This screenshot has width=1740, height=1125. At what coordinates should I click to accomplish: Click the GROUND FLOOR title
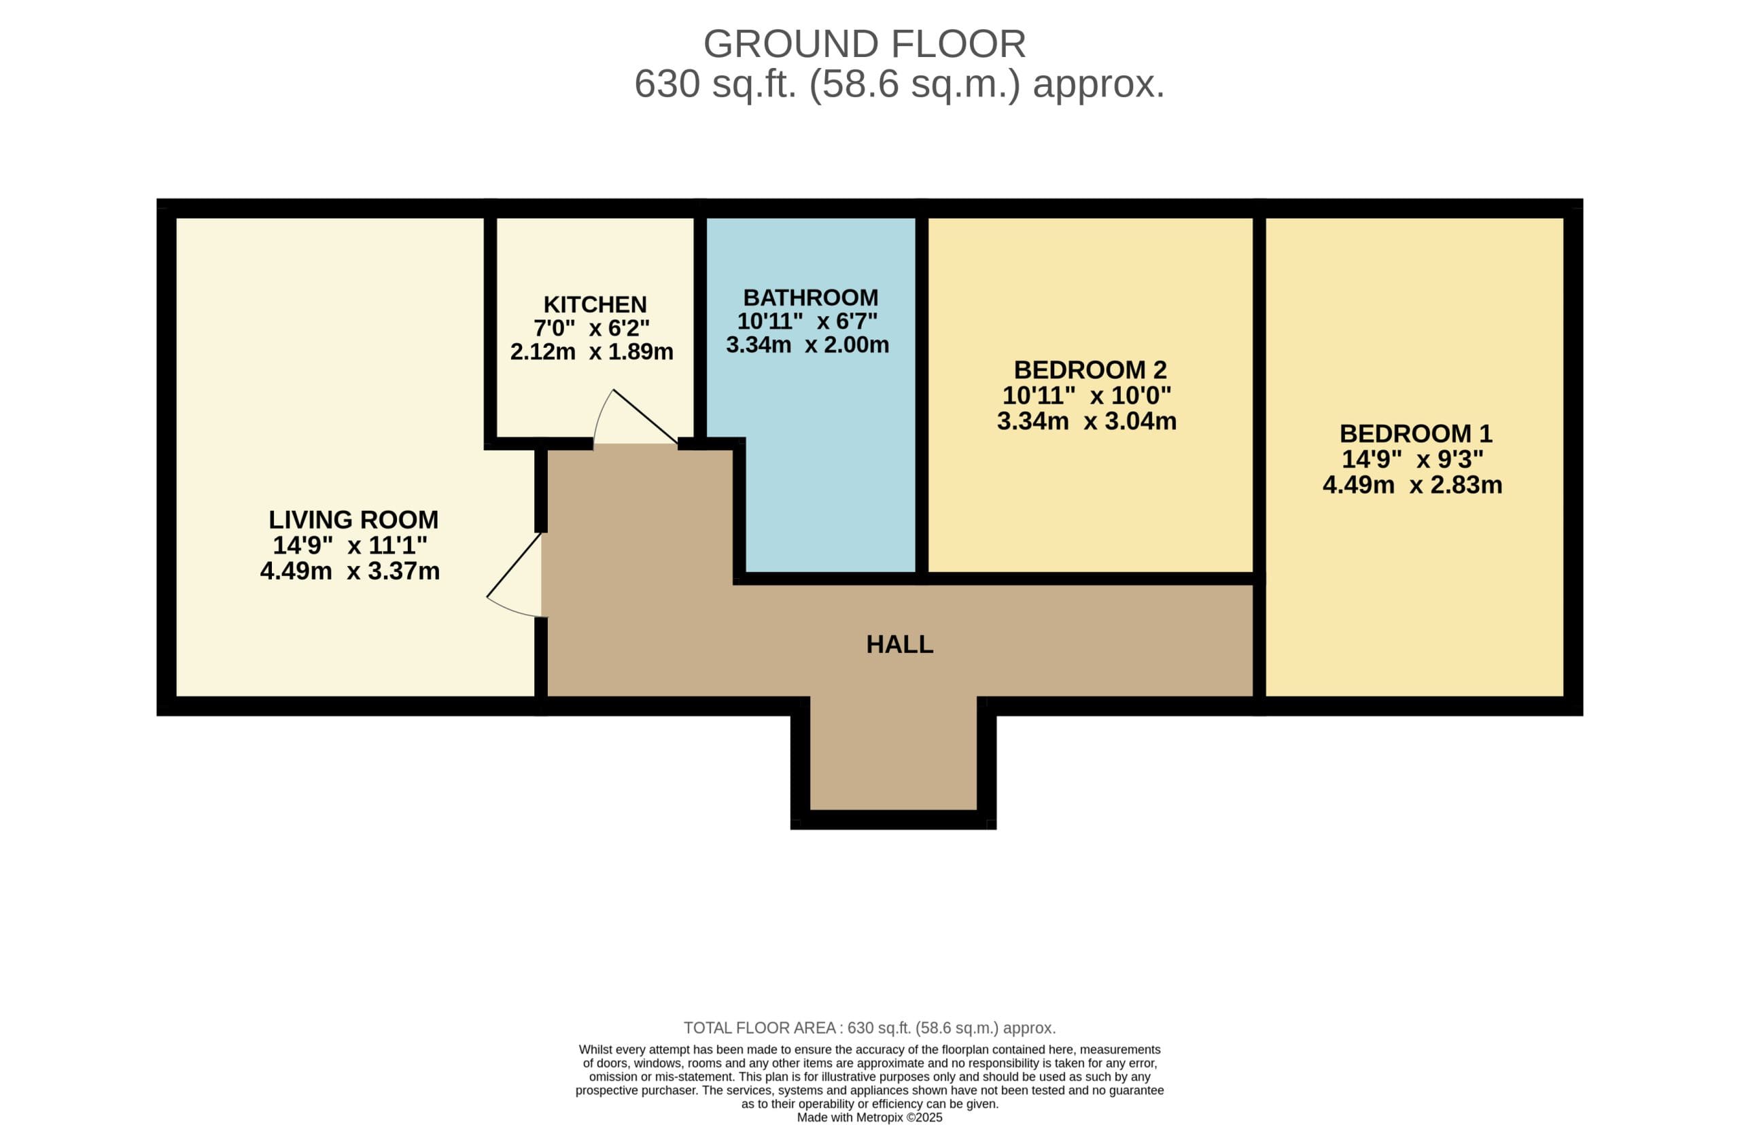point(865,44)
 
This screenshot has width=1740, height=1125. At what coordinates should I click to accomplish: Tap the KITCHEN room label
point(595,304)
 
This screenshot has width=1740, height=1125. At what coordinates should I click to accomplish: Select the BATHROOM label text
point(810,298)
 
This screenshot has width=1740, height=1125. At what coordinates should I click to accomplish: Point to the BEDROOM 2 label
point(1090,370)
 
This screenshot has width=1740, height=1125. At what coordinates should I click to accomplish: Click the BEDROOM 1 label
point(1416,433)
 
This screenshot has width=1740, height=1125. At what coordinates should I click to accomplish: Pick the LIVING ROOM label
point(353,520)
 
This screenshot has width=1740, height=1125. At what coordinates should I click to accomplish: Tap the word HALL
point(900,644)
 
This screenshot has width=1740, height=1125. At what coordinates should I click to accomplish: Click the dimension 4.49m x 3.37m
point(350,571)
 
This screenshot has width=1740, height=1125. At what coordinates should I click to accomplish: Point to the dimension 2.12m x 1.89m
point(591,351)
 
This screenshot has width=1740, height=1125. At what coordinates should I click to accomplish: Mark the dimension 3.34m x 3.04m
point(1087,421)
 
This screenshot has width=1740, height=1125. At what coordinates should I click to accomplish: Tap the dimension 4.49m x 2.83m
point(1412,484)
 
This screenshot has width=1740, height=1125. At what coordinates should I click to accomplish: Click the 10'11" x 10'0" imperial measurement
point(1087,395)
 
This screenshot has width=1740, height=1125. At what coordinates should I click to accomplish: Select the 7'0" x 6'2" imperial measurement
point(591,327)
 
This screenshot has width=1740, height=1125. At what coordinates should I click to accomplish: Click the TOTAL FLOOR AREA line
point(869,1028)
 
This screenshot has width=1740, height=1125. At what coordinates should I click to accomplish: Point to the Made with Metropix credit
point(869,1118)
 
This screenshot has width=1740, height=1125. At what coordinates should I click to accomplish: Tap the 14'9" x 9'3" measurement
point(1412,459)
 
